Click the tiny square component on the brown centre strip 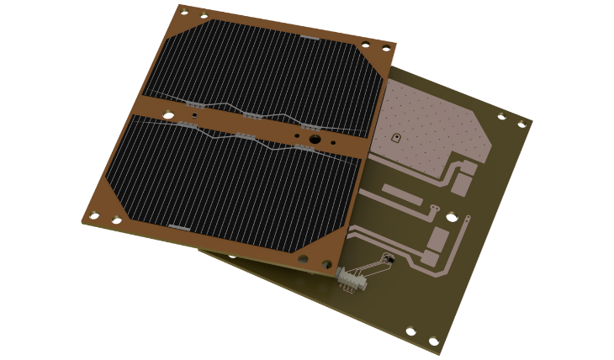[x=297, y=132]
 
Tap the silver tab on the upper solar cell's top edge [x=308, y=39]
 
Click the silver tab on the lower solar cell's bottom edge [x=181, y=226]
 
